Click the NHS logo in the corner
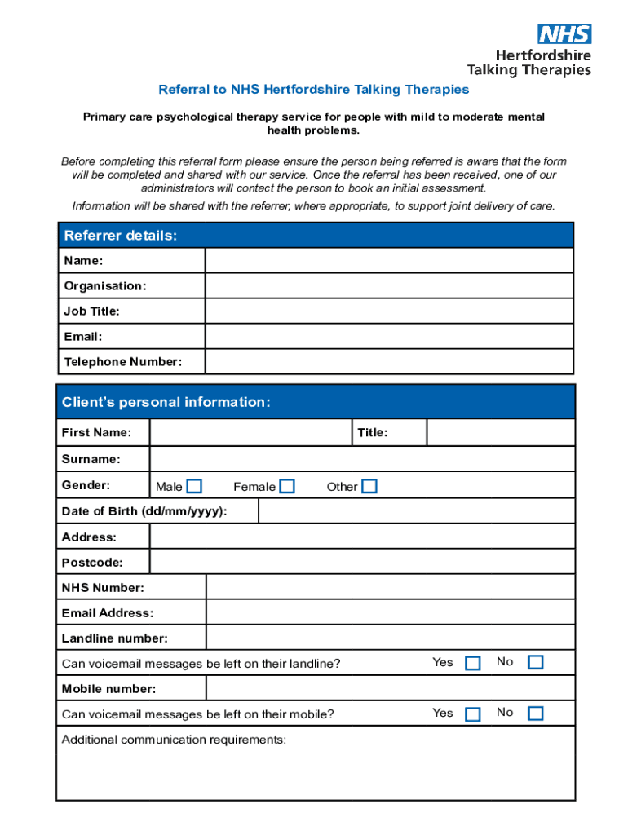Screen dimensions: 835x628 tap(564, 34)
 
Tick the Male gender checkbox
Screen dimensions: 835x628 tap(194, 487)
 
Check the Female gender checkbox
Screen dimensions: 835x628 tap(287, 487)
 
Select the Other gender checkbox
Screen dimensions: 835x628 tap(369, 487)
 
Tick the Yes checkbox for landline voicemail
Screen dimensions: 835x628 tap(472, 663)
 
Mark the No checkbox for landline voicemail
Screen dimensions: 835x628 tap(535, 662)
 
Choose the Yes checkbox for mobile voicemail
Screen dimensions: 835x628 tap(472, 714)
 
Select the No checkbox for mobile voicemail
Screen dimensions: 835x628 tap(535, 714)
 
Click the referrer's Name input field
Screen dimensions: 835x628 tap(389, 261)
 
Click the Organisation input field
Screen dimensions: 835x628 tap(389, 286)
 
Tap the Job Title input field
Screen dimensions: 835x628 tap(389, 311)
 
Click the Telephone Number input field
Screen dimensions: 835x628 tap(389, 362)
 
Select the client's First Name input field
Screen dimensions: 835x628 tap(250, 433)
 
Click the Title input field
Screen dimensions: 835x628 tap(500, 433)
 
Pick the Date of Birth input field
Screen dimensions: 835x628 tap(416, 511)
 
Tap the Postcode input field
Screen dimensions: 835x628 tap(362, 563)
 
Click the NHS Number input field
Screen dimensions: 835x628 tap(390, 588)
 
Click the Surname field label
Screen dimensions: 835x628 tap(91, 459)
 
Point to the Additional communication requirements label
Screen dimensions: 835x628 tap(174, 740)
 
